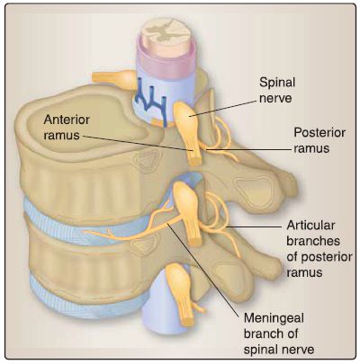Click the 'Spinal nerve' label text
pos(277,90)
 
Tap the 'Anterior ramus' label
pos(67,127)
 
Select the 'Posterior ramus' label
pos(319,140)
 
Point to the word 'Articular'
pos(310,226)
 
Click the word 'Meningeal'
pos(274,317)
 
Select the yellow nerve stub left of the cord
pos(113,79)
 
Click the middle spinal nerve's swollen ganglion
pos(185,199)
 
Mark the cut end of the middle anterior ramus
pos(196,241)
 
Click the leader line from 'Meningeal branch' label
pos(203,269)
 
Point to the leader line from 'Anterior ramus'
pos(138,143)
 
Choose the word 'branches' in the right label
pos(313,241)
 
